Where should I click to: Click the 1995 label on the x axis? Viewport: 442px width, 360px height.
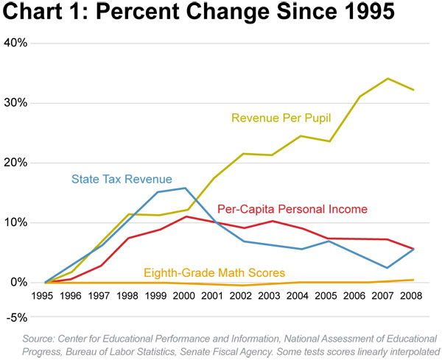point(46,298)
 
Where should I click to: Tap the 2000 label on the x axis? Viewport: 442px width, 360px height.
point(183,298)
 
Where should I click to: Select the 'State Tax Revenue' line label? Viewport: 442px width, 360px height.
point(122,178)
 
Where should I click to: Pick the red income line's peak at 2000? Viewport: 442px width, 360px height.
point(183,216)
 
